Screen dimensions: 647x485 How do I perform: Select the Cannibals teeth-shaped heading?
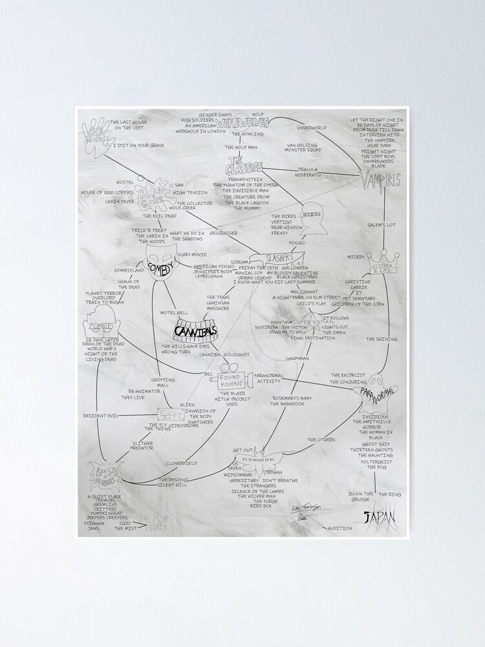tap(195, 332)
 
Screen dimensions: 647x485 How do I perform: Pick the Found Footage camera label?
tap(231, 381)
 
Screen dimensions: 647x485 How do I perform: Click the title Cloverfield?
tap(182, 463)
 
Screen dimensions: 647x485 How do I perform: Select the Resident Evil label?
tap(100, 415)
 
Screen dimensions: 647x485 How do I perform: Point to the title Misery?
tap(356, 256)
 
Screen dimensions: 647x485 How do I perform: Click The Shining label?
tap(382, 339)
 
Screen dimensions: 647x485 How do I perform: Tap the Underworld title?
tap(312, 127)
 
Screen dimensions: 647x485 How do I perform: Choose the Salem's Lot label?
tap(382, 225)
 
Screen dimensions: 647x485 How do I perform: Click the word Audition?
tap(340, 528)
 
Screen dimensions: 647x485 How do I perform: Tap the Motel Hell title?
tap(174, 312)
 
